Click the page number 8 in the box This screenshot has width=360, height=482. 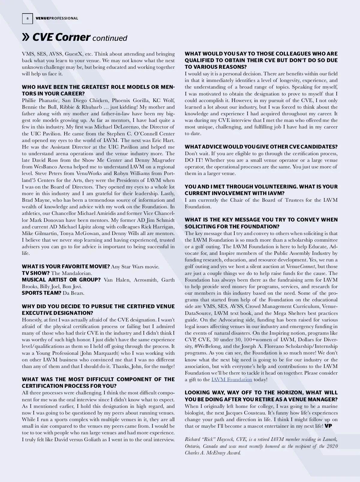tap(27, 18)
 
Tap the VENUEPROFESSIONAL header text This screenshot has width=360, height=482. tap(57, 18)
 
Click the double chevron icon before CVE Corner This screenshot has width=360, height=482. tap(26, 37)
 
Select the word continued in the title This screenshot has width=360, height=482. tap(110, 38)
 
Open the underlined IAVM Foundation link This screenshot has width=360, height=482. tap(232, 380)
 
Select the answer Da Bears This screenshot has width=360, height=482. tap(73, 293)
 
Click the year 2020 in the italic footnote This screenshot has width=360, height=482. tap(332, 446)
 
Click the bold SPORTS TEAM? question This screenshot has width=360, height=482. tap(41, 293)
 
